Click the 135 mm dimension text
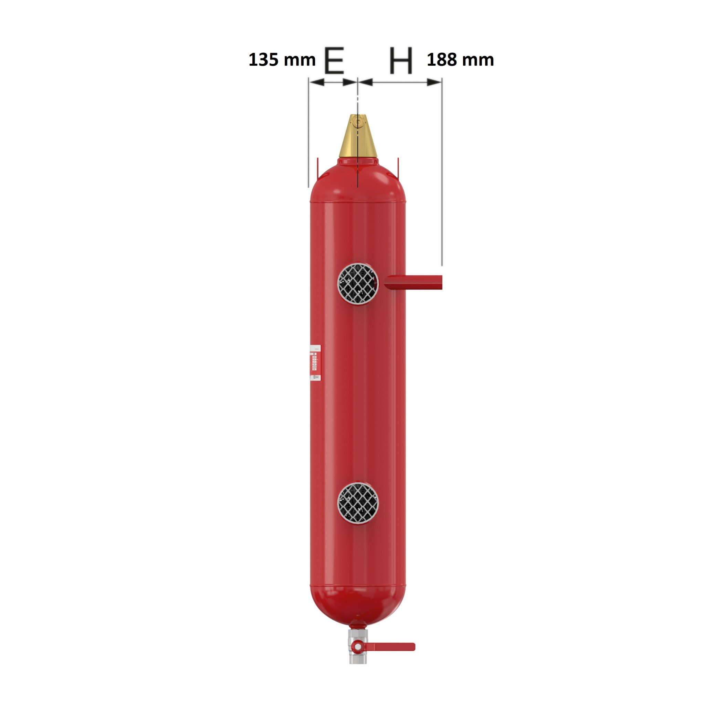point(282,60)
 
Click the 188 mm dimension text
point(460,60)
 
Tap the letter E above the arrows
point(334,60)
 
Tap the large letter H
point(401,60)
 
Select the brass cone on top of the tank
point(358,139)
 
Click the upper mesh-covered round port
point(358,284)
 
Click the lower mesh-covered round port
point(358,503)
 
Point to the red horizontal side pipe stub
point(414,282)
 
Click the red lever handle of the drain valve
point(392,647)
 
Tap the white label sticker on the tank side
point(315,363)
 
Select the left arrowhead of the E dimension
point(316,82)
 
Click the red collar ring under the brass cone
point(358,162)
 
